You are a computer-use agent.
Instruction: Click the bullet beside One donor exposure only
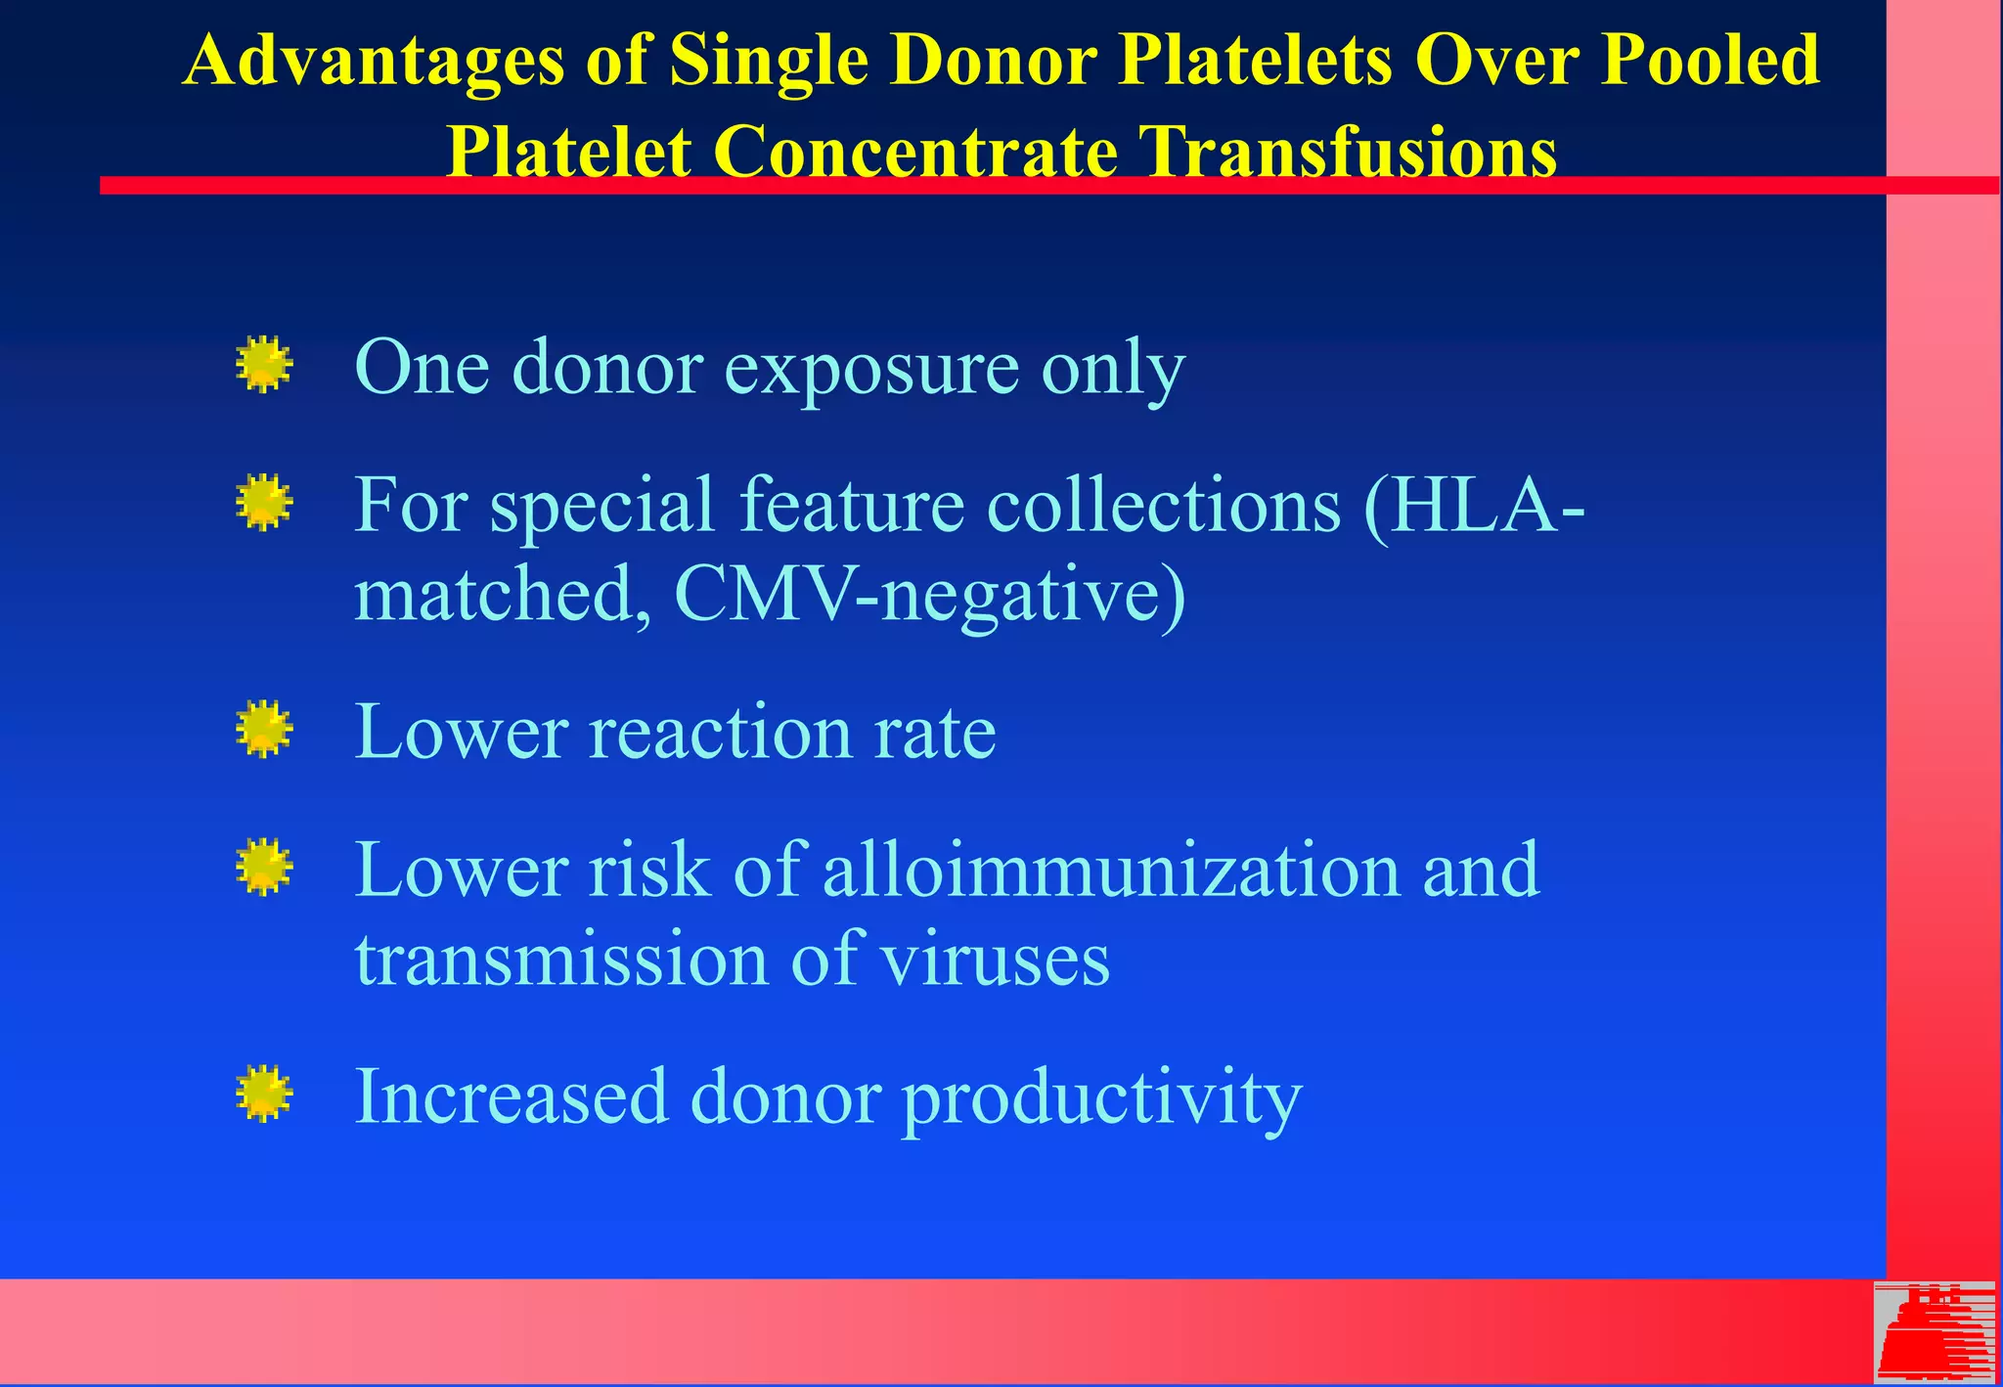[x=264, y=365]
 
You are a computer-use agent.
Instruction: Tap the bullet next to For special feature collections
[x=264, y=503]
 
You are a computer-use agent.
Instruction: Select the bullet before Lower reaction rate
[x=264, y=730]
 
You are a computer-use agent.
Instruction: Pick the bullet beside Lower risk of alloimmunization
[x=264, y=868]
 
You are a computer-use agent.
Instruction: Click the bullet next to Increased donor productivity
[x=264, y=1094]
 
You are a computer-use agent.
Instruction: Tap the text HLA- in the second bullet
[x=1473, y=505]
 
